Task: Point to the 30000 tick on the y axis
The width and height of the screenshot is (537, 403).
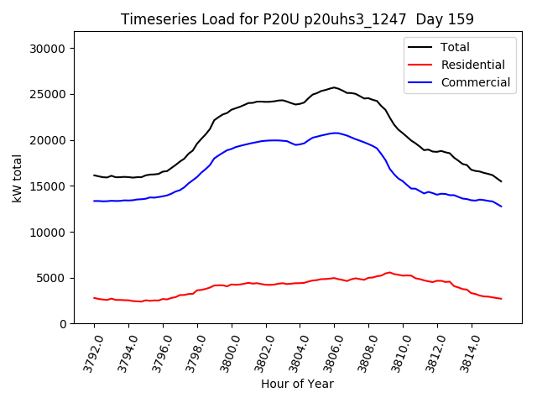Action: pyautogui.click(x=47, y=49)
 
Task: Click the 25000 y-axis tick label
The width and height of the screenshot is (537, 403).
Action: pyautogui.click(x=47, y=94)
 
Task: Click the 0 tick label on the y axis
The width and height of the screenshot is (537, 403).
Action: pyautogui.click(x=62, y=324)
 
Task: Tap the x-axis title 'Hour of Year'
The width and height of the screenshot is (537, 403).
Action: pyautogui.click(x=297, y=384)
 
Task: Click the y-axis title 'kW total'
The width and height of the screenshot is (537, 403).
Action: pyautogui.click(x=17, y=178)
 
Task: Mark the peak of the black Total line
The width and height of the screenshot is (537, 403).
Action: pyautogui.click(x=334, y=87)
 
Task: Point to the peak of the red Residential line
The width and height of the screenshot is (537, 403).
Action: pyautogui.click(x=389, y=272)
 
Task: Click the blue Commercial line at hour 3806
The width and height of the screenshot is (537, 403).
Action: pyautogui.click(x=334, y=133)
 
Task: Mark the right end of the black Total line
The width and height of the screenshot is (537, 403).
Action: pyautogui.click(x=502, y=181)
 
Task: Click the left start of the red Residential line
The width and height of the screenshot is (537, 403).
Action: pyautogui.click(x=94, y=297)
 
